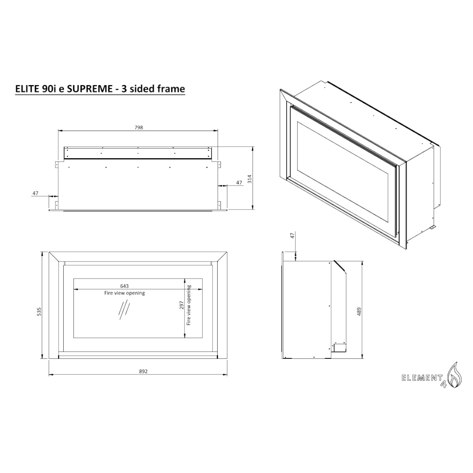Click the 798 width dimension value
138,127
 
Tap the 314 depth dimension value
250,179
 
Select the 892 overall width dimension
143,371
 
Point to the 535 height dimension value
39,311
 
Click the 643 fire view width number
124,286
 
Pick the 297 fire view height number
182,305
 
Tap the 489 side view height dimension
359,311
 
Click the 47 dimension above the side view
292,235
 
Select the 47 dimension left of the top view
35,193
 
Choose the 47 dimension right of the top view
239,183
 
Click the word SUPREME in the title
90,89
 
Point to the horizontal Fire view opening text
124,293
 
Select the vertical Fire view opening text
189,305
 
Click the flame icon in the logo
455,378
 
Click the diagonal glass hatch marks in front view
124,310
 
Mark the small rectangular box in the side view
339,347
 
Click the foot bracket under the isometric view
431,227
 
